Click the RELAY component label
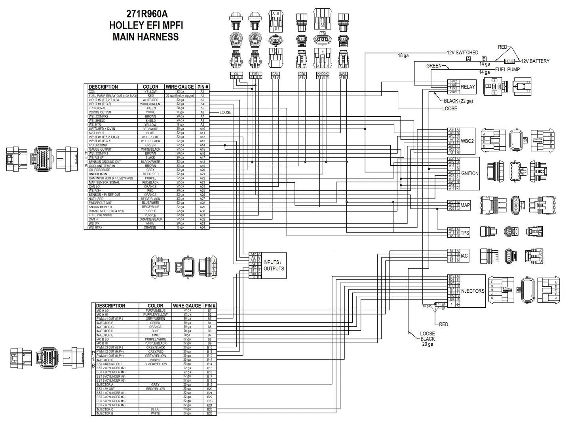468,87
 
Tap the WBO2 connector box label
467,141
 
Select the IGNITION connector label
469,173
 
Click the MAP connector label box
465,205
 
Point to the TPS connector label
465,233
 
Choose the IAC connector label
464,256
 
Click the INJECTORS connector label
472,291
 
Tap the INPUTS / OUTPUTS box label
274,265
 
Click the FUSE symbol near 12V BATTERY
509,61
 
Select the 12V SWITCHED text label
462,53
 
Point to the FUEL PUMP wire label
507,69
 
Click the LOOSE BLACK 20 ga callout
427,339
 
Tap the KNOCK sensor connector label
322,74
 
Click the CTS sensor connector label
302,74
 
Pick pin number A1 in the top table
202,91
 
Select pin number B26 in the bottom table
209,413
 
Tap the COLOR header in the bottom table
155,306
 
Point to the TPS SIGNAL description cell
97,108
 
